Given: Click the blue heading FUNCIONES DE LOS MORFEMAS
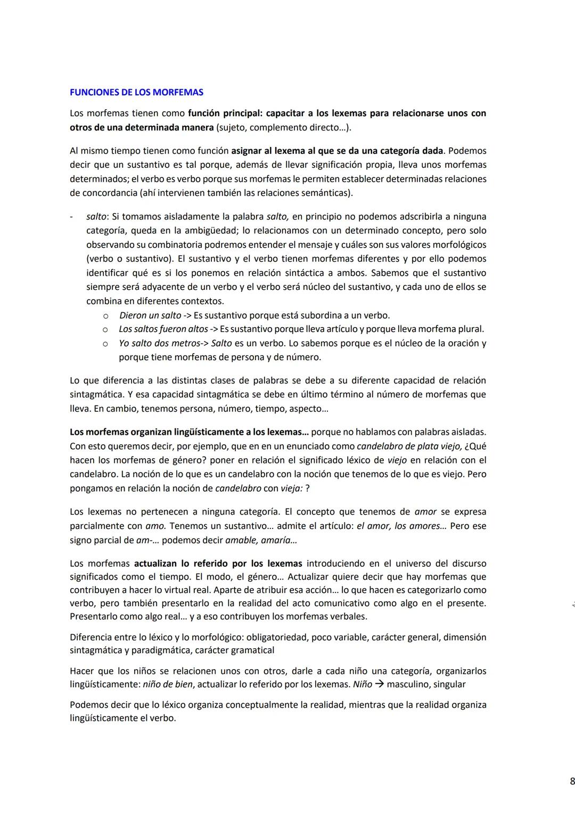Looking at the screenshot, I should (x=136, y=92).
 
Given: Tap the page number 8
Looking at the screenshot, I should (x=572, y=782).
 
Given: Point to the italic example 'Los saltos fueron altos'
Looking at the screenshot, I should (x=163, y=329).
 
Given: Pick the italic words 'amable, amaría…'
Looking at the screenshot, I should (x=261, y=540).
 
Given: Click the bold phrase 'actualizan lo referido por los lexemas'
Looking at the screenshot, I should (x=218, y=564).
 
